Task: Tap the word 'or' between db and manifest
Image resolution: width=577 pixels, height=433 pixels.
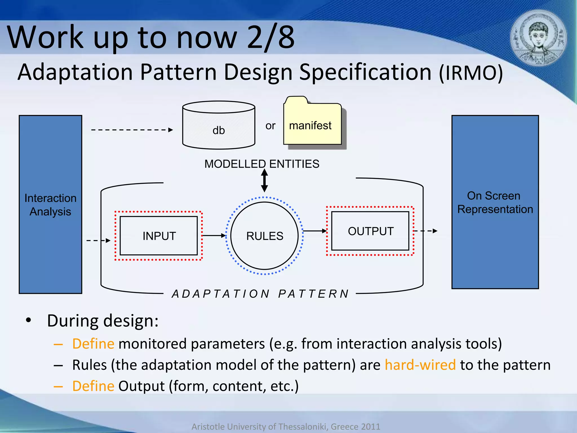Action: (x=270, y=126)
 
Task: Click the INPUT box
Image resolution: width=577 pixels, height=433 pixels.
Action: (x=159, y=236)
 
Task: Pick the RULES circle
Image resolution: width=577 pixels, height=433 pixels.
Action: (x=265, y=236)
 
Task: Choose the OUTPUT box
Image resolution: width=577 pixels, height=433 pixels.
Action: (x=370, y=231)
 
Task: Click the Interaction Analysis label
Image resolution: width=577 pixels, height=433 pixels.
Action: (x=50, y=205)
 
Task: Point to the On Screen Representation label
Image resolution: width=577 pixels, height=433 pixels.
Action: (x=495, y=202)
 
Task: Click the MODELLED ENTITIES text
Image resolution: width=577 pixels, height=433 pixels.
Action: (x=262, y=164)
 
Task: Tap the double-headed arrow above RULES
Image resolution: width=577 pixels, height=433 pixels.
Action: (x=264, y=180)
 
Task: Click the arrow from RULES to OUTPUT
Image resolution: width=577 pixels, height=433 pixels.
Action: (x=314, y=231)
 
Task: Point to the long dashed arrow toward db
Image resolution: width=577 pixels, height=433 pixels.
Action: (x=132, y=130)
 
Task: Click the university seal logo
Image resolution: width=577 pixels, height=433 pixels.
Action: (x=538, y=38)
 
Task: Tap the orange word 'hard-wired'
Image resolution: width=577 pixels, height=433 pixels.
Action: (x=420, y=365)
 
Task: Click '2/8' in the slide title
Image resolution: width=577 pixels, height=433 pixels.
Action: (x=270, y=37)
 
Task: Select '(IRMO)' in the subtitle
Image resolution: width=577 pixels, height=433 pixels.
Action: (x=471, y=73)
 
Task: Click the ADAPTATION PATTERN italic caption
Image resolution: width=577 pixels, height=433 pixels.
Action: (x=260, y=294)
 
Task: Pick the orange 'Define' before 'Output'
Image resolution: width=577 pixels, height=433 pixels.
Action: (x=93, y=386)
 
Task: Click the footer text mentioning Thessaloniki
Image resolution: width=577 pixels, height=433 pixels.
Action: (x=286, y=427)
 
